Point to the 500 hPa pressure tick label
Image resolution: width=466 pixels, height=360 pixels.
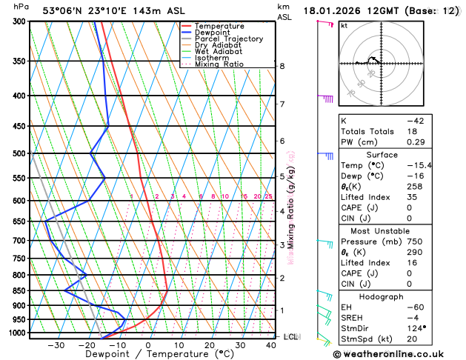click(x=16, y=154)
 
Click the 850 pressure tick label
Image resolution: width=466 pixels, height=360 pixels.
click(x=16, y=291)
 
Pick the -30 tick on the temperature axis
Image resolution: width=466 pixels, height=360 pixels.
click(x=56, y=345)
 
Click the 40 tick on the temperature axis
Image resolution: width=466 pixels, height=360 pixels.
click(x=271, y=345)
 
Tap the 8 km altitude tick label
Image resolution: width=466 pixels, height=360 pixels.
click(x=282, y=66)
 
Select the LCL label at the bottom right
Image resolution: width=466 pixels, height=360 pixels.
click(x=291, y=337)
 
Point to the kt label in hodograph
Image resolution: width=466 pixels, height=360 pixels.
click(x=344, y=25)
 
